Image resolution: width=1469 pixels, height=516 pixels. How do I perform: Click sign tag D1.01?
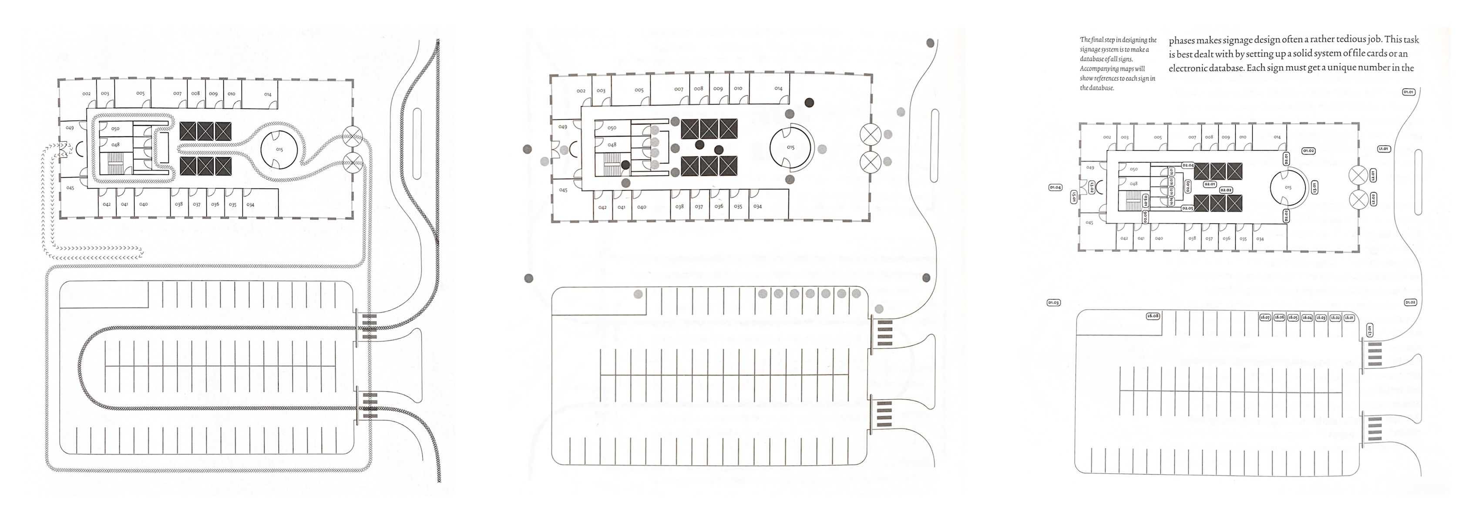tap(1408, 92)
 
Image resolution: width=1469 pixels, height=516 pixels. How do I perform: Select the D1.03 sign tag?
tap(1053, 303)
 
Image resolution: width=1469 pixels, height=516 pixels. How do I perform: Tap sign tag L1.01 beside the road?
tap(1383, 149)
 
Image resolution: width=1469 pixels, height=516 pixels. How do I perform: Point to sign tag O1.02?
tap(1308, 151)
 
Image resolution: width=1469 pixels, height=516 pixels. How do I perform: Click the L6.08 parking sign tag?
tap(1153, 316)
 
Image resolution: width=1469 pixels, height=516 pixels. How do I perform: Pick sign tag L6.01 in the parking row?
tap(1349, 317)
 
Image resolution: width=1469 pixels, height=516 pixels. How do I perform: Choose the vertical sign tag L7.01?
tap(1369, 330)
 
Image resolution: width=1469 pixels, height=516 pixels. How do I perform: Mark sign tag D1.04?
tap(1055, 187)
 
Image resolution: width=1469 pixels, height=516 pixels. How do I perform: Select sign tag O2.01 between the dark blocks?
tap(1210, 184)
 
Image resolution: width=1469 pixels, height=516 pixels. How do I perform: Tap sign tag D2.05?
tap(1188, 208)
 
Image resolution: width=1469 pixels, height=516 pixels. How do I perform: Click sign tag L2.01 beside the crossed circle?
tap(1373, 175)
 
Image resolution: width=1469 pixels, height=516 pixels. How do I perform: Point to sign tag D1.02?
tap(1410, 303)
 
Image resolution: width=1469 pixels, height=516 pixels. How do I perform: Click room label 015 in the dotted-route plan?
tap(279, 149)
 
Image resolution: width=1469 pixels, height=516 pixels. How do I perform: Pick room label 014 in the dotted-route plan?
tap(267, 94)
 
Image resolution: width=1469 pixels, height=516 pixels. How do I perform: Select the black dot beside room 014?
tap(809, 103)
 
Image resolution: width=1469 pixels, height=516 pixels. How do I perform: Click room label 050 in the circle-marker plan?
tap(612, 128)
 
